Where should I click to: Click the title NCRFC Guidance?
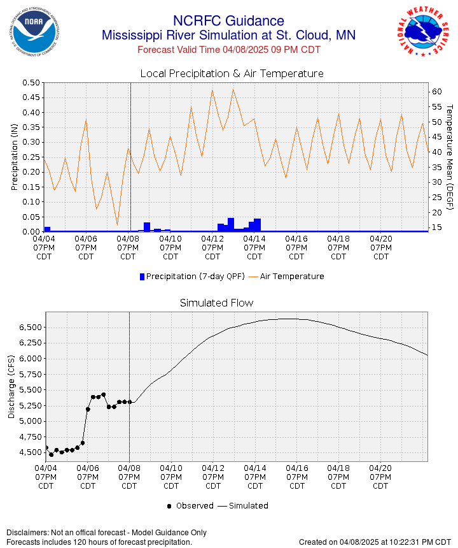pyautogui.click(x=228, y=21)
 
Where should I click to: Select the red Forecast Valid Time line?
pyautogui.click(x=229, y=50)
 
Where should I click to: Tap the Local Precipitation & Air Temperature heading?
pyautogui.click(x=232, y=74)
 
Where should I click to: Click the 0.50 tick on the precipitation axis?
pyautogui.click(x=31, y=83)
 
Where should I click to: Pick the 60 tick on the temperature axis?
pyautogui.click(x=437, y=92)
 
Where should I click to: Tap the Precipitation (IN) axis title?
pyautogui.click(x=14, y=157)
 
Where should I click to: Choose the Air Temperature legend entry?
pyautogui.click(x=288, y=277)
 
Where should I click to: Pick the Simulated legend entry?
pyautogui.click(x=245, y=506)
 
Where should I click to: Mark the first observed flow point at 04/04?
pyautogui.click(x=46, y=447)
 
